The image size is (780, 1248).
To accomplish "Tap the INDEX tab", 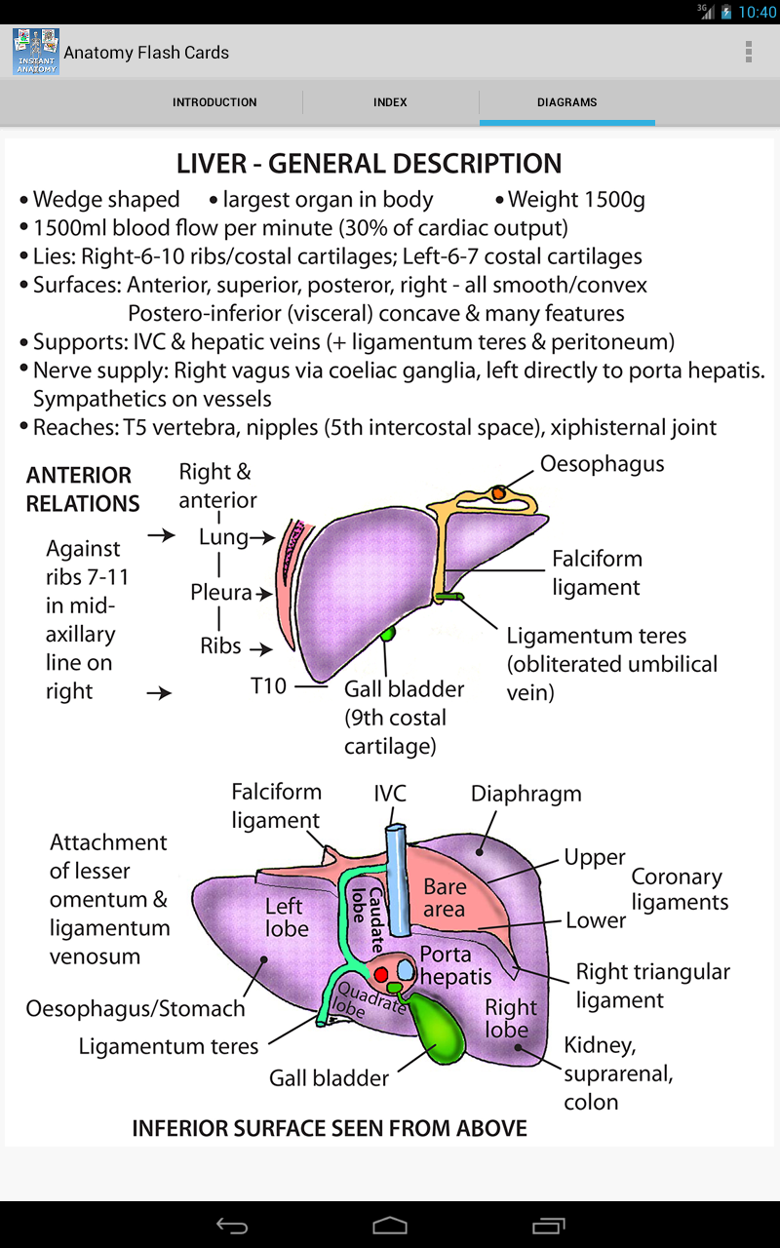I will [x=390, y=102].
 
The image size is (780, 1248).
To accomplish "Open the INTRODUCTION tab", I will [x=214, y=102].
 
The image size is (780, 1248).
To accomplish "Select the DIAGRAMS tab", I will [x=566, y=102].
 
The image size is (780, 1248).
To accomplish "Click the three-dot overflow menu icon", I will [x=748, y=52].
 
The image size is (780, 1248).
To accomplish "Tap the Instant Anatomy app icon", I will [x=36, y=52].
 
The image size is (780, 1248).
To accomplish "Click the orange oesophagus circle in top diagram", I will [x=498, y=494].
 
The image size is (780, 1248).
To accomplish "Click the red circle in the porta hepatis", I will [x=381, y=975].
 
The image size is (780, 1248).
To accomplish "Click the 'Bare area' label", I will [x=445, y=898].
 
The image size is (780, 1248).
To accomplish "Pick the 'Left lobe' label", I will [x=286, y=917].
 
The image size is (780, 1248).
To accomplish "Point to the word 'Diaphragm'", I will [x=526, y=794].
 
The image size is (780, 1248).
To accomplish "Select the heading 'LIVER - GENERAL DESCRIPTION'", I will [x=369, y=163].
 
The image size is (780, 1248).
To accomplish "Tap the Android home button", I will [x=390, y=1226].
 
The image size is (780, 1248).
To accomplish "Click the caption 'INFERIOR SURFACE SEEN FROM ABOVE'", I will [x=330, y=1128].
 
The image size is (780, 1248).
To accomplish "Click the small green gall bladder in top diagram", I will [x=389, y=634].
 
